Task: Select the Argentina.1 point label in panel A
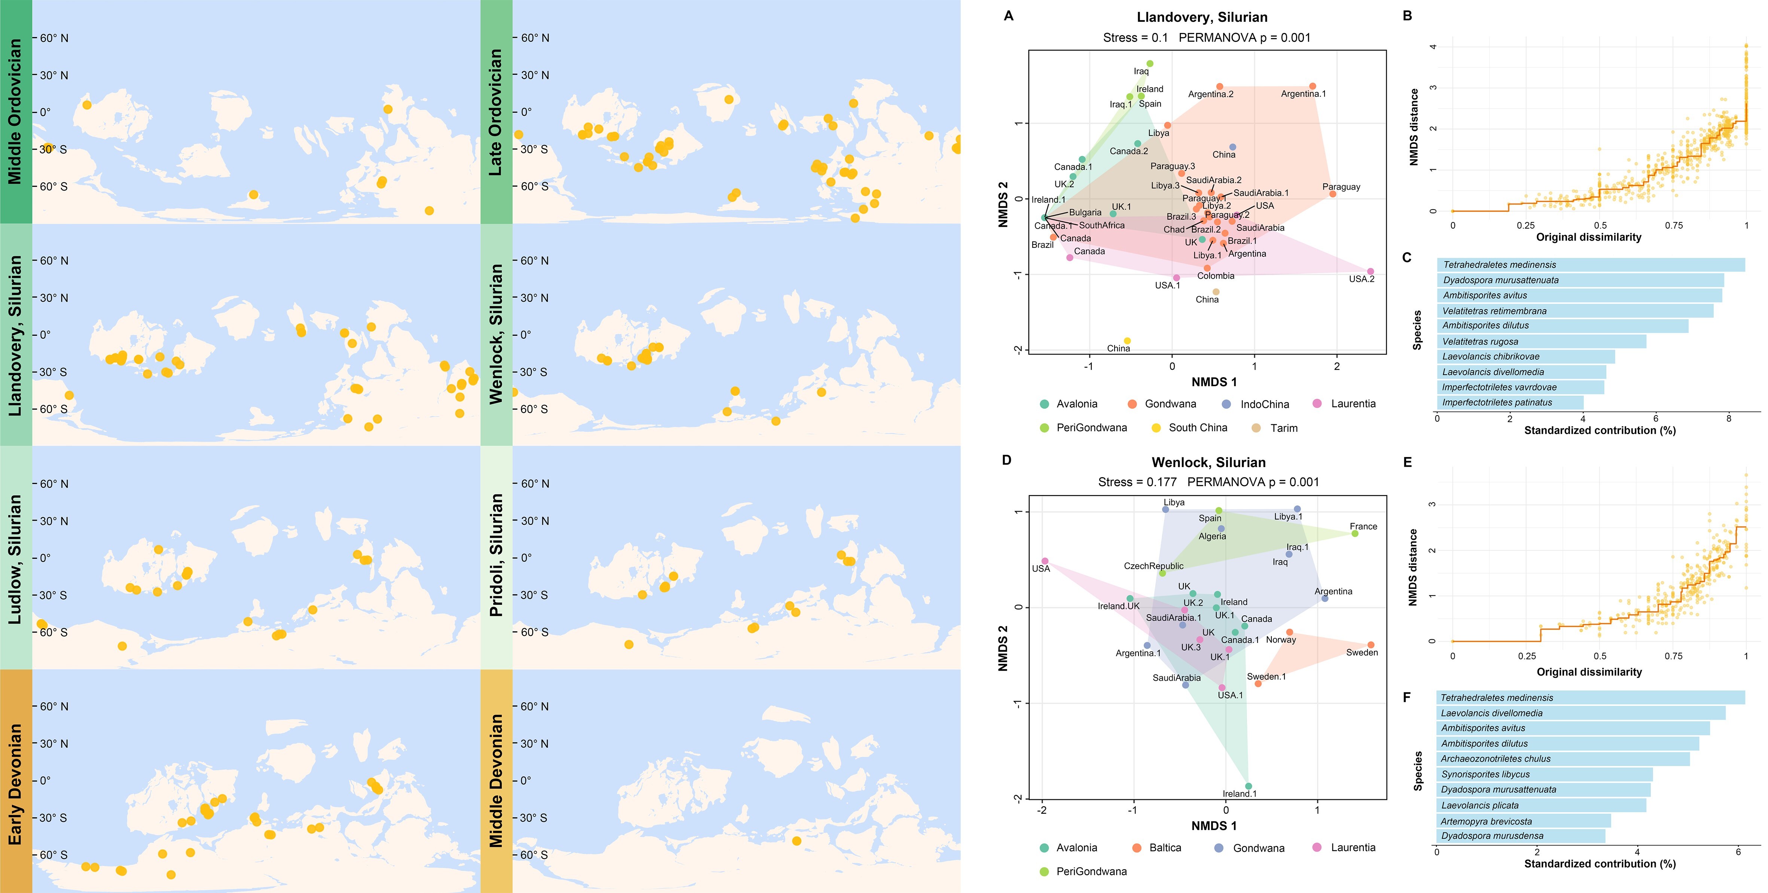pyautogui.click(x=1303, y=94)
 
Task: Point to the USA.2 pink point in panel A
pyautogui.click(x=1371, y=271)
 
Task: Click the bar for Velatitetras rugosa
pyautogui.click(x=1541, y=341)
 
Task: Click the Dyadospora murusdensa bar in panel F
pyautogui.click(x=1520, y=836)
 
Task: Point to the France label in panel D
pyautogui.click(x=1363, y=527)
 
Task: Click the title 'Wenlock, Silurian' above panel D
pyautogui.click(x=1208, y=463)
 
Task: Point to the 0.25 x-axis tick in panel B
pyautogui.click(x=1526, y=225)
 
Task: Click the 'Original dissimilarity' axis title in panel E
pyautogui.click(x=1589, y=672)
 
